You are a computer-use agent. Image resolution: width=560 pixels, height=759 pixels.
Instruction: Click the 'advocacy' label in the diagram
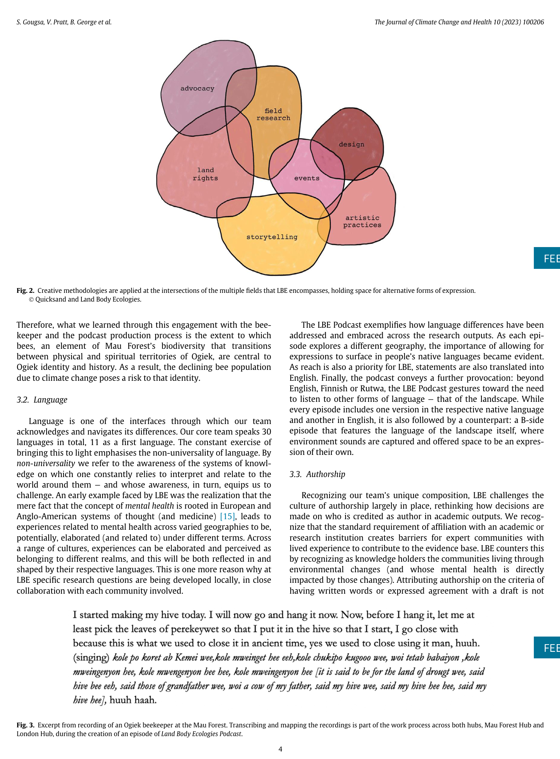click(x=197, y=88)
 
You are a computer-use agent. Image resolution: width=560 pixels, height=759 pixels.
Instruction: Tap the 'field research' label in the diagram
click(x=273, y=114)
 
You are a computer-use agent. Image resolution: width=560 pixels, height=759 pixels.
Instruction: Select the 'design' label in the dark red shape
click(x=351, y=144)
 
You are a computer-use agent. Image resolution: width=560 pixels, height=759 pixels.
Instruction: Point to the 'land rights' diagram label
click(x=205, y=174)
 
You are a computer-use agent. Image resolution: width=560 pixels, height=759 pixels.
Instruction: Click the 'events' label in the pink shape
click(x=307, y=178)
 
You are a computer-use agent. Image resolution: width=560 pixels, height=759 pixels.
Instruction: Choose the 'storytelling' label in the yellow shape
click(x=272, y=237)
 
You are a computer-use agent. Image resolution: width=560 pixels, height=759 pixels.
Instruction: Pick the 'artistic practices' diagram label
click(x=362, y=221)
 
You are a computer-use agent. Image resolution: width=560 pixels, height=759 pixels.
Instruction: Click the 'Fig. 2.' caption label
click(x=25, y=291)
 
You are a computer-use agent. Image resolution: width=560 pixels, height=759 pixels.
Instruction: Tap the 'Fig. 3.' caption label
click(x=25, y=725)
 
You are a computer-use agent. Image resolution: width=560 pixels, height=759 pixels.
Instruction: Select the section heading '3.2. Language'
click(x=42, y=400)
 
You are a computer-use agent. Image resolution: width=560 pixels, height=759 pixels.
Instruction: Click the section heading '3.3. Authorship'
click(x=317, y=474)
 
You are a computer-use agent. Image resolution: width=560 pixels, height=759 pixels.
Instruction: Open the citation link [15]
click(x=228, y=516)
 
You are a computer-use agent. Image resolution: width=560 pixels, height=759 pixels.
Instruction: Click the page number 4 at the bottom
click(x=280, y=749)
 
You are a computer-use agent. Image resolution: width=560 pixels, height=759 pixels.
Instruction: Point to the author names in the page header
click(x=64, y=22)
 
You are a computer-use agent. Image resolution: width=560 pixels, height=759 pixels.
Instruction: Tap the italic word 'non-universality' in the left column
click(x=46, y=463)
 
